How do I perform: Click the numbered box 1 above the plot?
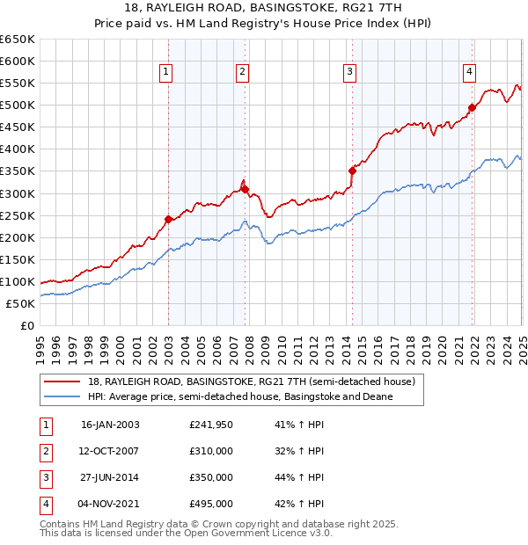coord(166,72)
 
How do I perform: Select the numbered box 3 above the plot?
coord(349,72)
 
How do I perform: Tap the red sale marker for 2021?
coord(472,107)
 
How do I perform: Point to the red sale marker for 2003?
coord(168,219)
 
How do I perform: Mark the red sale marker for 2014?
coord(352,171)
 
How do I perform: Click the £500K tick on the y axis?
coord(18,105)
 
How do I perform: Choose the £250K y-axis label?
coord(18,215)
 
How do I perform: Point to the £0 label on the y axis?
coord(26,325)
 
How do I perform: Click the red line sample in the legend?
coord(62,381)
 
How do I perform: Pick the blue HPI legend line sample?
coord(62,396)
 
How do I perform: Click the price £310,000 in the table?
coord(211,451)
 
